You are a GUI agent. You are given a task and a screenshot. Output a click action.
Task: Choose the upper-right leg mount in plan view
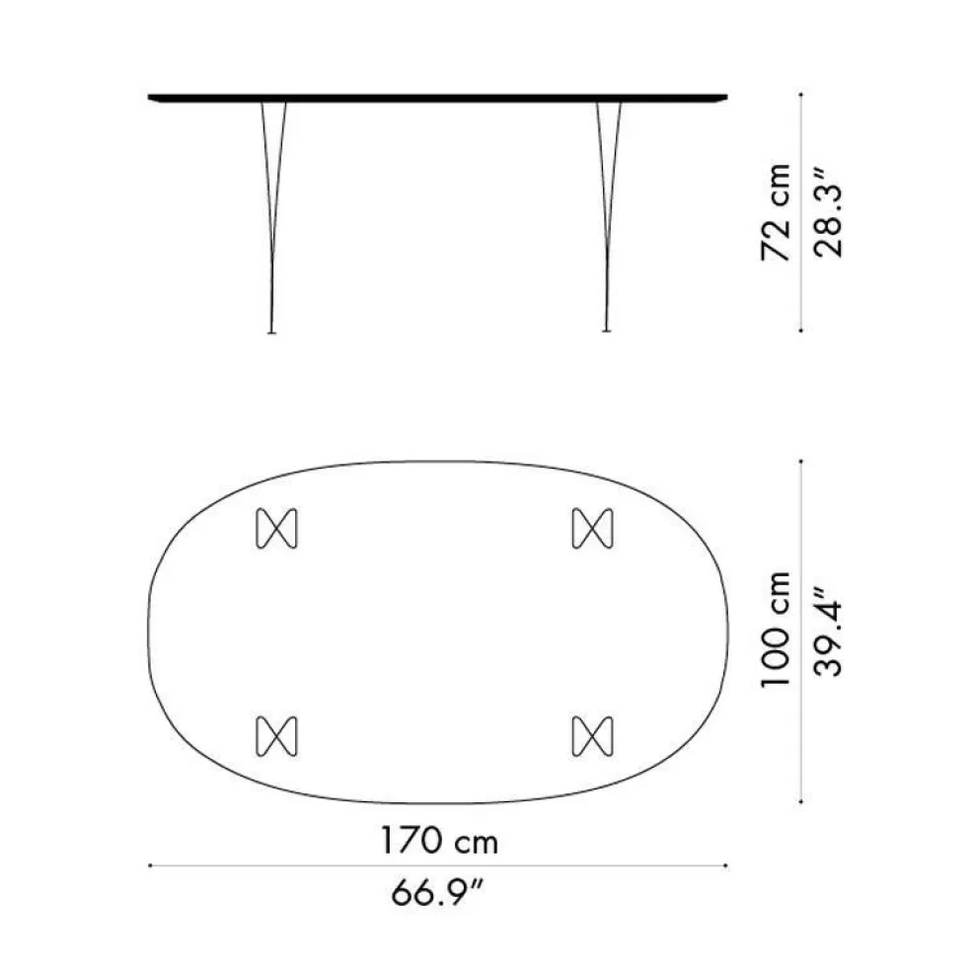(592, 528)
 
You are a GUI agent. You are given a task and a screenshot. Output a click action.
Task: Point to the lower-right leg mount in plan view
(592, 735)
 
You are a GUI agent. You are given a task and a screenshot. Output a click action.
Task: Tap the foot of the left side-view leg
(271, 332)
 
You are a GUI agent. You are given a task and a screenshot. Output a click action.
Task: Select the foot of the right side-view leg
(605, 332)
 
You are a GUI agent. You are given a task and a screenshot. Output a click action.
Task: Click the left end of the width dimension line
(149, 866)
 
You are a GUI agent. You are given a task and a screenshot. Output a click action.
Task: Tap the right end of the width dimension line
(727, 866)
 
